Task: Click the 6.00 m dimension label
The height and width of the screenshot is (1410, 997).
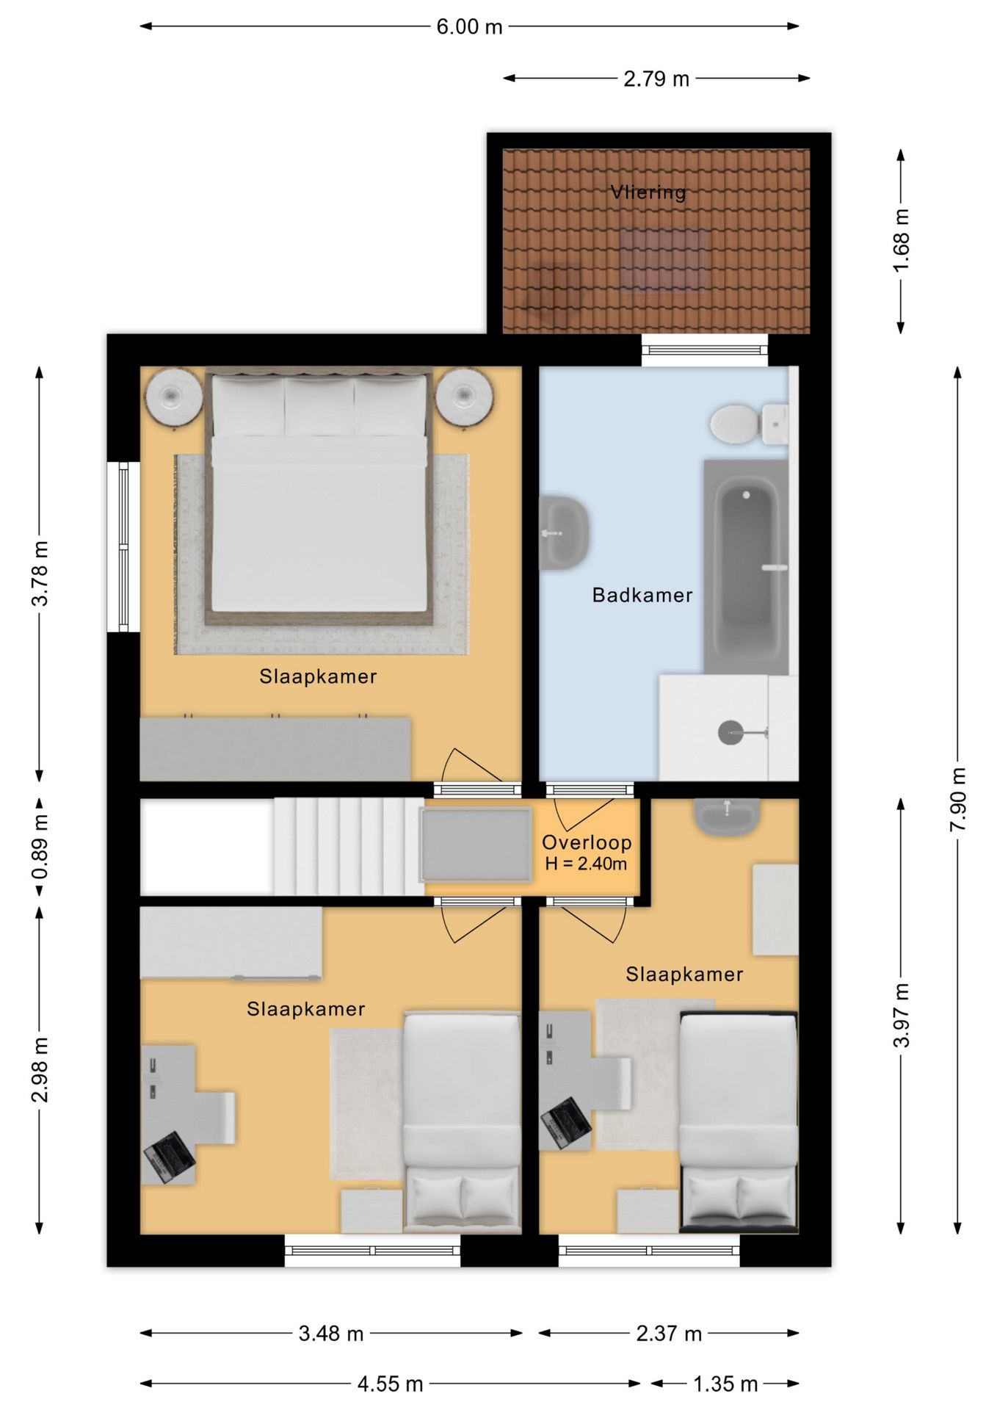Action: tap(469, 27)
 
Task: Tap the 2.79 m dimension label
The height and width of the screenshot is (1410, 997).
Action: tap(656, 79)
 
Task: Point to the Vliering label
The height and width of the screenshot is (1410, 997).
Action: tap(648, 192)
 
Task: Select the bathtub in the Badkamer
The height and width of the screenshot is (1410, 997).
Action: tap(746, 567)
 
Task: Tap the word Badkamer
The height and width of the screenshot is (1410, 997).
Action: tap(642, 595)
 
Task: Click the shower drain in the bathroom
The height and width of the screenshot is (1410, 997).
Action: tap(730, 733)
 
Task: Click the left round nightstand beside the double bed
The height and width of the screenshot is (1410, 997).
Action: tap(173, 396)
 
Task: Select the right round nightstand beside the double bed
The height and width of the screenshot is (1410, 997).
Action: tap(464, 396)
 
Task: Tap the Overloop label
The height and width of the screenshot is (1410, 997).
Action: tap(587, 842)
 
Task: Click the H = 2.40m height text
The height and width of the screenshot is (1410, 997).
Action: tap(586, 864)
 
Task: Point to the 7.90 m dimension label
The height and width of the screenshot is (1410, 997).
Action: tap(958, 799)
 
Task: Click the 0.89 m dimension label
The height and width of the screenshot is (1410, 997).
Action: tap(40, 847)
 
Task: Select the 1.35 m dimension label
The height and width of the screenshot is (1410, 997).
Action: tap(725, 1384)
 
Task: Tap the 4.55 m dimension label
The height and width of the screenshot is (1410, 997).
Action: tap(391, 1384)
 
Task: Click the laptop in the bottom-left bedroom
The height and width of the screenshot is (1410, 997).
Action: tap(170, 1158)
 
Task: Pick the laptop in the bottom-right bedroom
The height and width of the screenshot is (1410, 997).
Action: tap(565, 1124)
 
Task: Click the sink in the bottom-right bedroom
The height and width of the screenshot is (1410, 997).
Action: tap(727, 817)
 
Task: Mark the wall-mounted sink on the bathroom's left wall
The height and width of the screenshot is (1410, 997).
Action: tap(564, 533)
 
